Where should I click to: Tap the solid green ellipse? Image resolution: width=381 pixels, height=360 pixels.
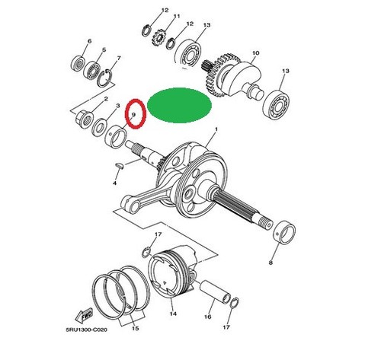(x=179, y=105)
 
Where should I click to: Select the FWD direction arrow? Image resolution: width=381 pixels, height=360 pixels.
(x=84, y=315)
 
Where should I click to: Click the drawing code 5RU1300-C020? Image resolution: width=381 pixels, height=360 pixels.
(x=86, y=330)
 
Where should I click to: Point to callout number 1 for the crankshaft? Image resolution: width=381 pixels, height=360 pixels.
(x=216, y=129)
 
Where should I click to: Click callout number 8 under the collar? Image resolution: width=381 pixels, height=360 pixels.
(x=271, y=263)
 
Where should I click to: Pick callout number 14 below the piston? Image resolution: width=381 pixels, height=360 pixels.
(x=173, y=314)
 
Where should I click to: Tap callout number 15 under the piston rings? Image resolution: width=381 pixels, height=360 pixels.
(x=136, y=328)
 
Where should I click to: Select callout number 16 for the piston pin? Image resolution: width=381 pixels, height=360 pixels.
(x=207, y=317)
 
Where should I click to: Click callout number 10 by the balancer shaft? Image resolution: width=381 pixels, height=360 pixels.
(x=256, y=53)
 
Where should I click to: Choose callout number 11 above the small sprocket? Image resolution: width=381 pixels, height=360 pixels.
(x=177, y=16)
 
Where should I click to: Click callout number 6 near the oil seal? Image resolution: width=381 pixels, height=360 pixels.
(x=89, y=41)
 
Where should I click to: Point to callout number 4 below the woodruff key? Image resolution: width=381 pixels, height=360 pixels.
(x=115, y=183)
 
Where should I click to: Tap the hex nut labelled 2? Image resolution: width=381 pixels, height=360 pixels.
(x=84, y=119)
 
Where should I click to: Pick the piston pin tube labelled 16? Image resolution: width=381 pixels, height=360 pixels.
(x=216, y=292)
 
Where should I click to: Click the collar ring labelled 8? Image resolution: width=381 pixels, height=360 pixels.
(x=284, y=232)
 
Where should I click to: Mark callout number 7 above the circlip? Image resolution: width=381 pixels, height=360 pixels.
(x=118, y=58)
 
